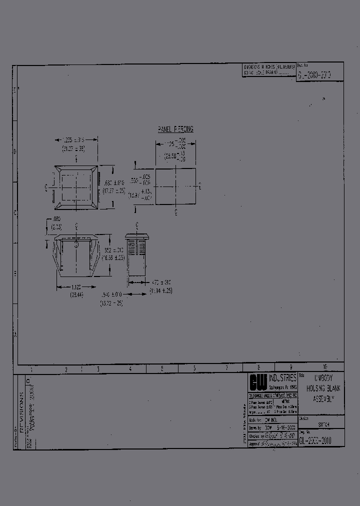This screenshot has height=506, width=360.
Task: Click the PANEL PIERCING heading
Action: click(x=175, y=129)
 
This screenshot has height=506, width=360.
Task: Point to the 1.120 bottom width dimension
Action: click(x=76, y=287)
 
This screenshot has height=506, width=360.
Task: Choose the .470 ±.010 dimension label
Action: click(x=161, y=282)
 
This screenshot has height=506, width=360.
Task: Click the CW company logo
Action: click(x=258, y=382)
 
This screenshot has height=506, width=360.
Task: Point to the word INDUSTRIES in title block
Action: click(x=282, y=378)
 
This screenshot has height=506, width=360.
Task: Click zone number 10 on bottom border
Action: click(x=325, y=367)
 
